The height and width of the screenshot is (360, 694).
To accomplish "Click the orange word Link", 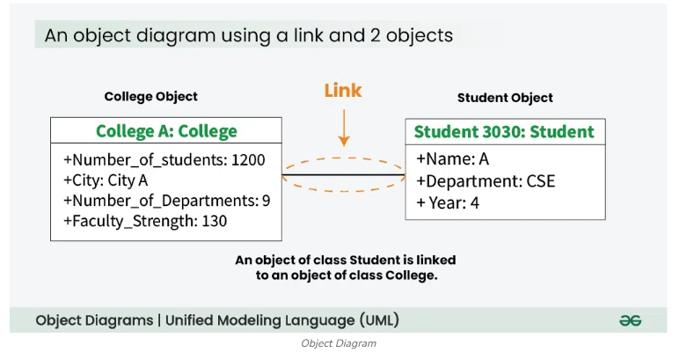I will [343, 91].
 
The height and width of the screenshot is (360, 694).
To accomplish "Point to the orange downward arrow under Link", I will [344, 127].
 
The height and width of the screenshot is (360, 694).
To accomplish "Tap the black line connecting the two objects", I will [343, 176].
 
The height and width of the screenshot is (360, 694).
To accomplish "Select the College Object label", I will [150, 97].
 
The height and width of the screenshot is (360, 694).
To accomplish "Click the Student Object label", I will [505, 98].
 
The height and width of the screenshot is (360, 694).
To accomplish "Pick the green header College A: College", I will [166, 131].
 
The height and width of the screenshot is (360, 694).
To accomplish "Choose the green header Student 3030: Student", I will [504, 132].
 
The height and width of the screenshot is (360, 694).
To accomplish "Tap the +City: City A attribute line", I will [106, 180].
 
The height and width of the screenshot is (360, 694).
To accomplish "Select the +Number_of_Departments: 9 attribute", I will [166, 201].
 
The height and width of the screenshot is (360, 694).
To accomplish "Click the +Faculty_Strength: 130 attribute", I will [145, 221].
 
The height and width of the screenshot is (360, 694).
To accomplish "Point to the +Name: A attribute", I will [452, 159].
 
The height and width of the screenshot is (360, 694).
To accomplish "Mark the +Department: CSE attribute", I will [486, 181].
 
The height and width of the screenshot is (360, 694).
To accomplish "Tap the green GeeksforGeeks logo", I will [630, 320].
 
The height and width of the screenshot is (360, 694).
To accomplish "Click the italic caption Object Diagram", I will [339, 343].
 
